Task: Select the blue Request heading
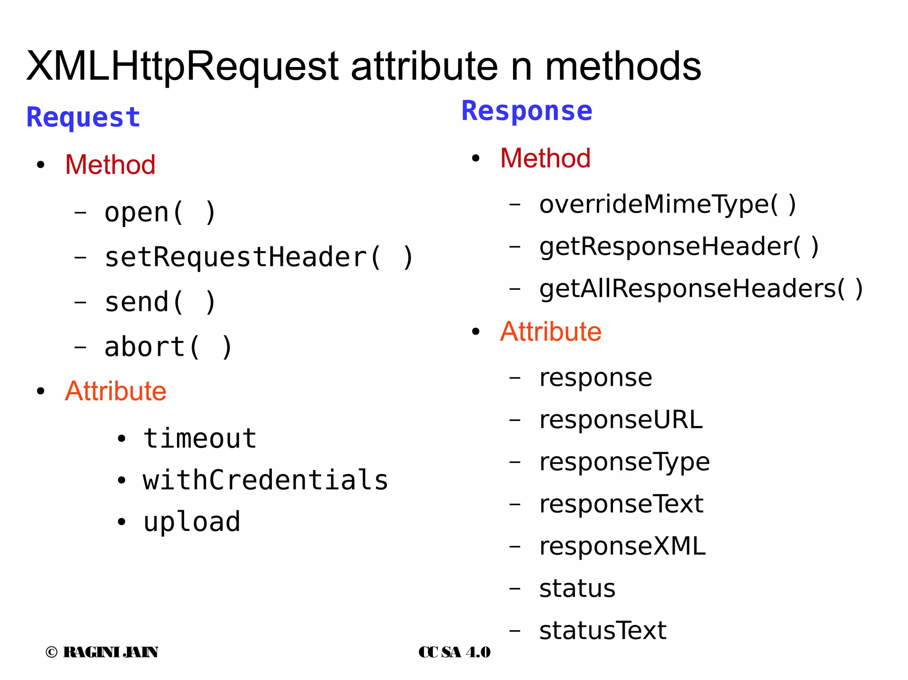[83, 117]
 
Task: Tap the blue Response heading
[527, 111]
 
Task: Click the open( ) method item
[160, 213]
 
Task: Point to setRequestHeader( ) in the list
[259, 257]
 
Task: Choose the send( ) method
[160, 302]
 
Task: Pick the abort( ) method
[168, 347]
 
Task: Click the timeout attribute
[200, 439]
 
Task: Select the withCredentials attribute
[265, 480]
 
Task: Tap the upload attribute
[192, 522]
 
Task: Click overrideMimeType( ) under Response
[668, 205]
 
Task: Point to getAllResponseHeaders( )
[701, 289]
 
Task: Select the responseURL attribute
[621, 420]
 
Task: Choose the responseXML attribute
[622, 546]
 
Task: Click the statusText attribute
[603, 630]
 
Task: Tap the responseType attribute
[624, 462]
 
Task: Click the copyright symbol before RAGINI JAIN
[51, 652]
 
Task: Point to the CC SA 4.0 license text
[454, 652]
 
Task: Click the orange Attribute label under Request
[116, 391]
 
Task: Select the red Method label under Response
[545, 158]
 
